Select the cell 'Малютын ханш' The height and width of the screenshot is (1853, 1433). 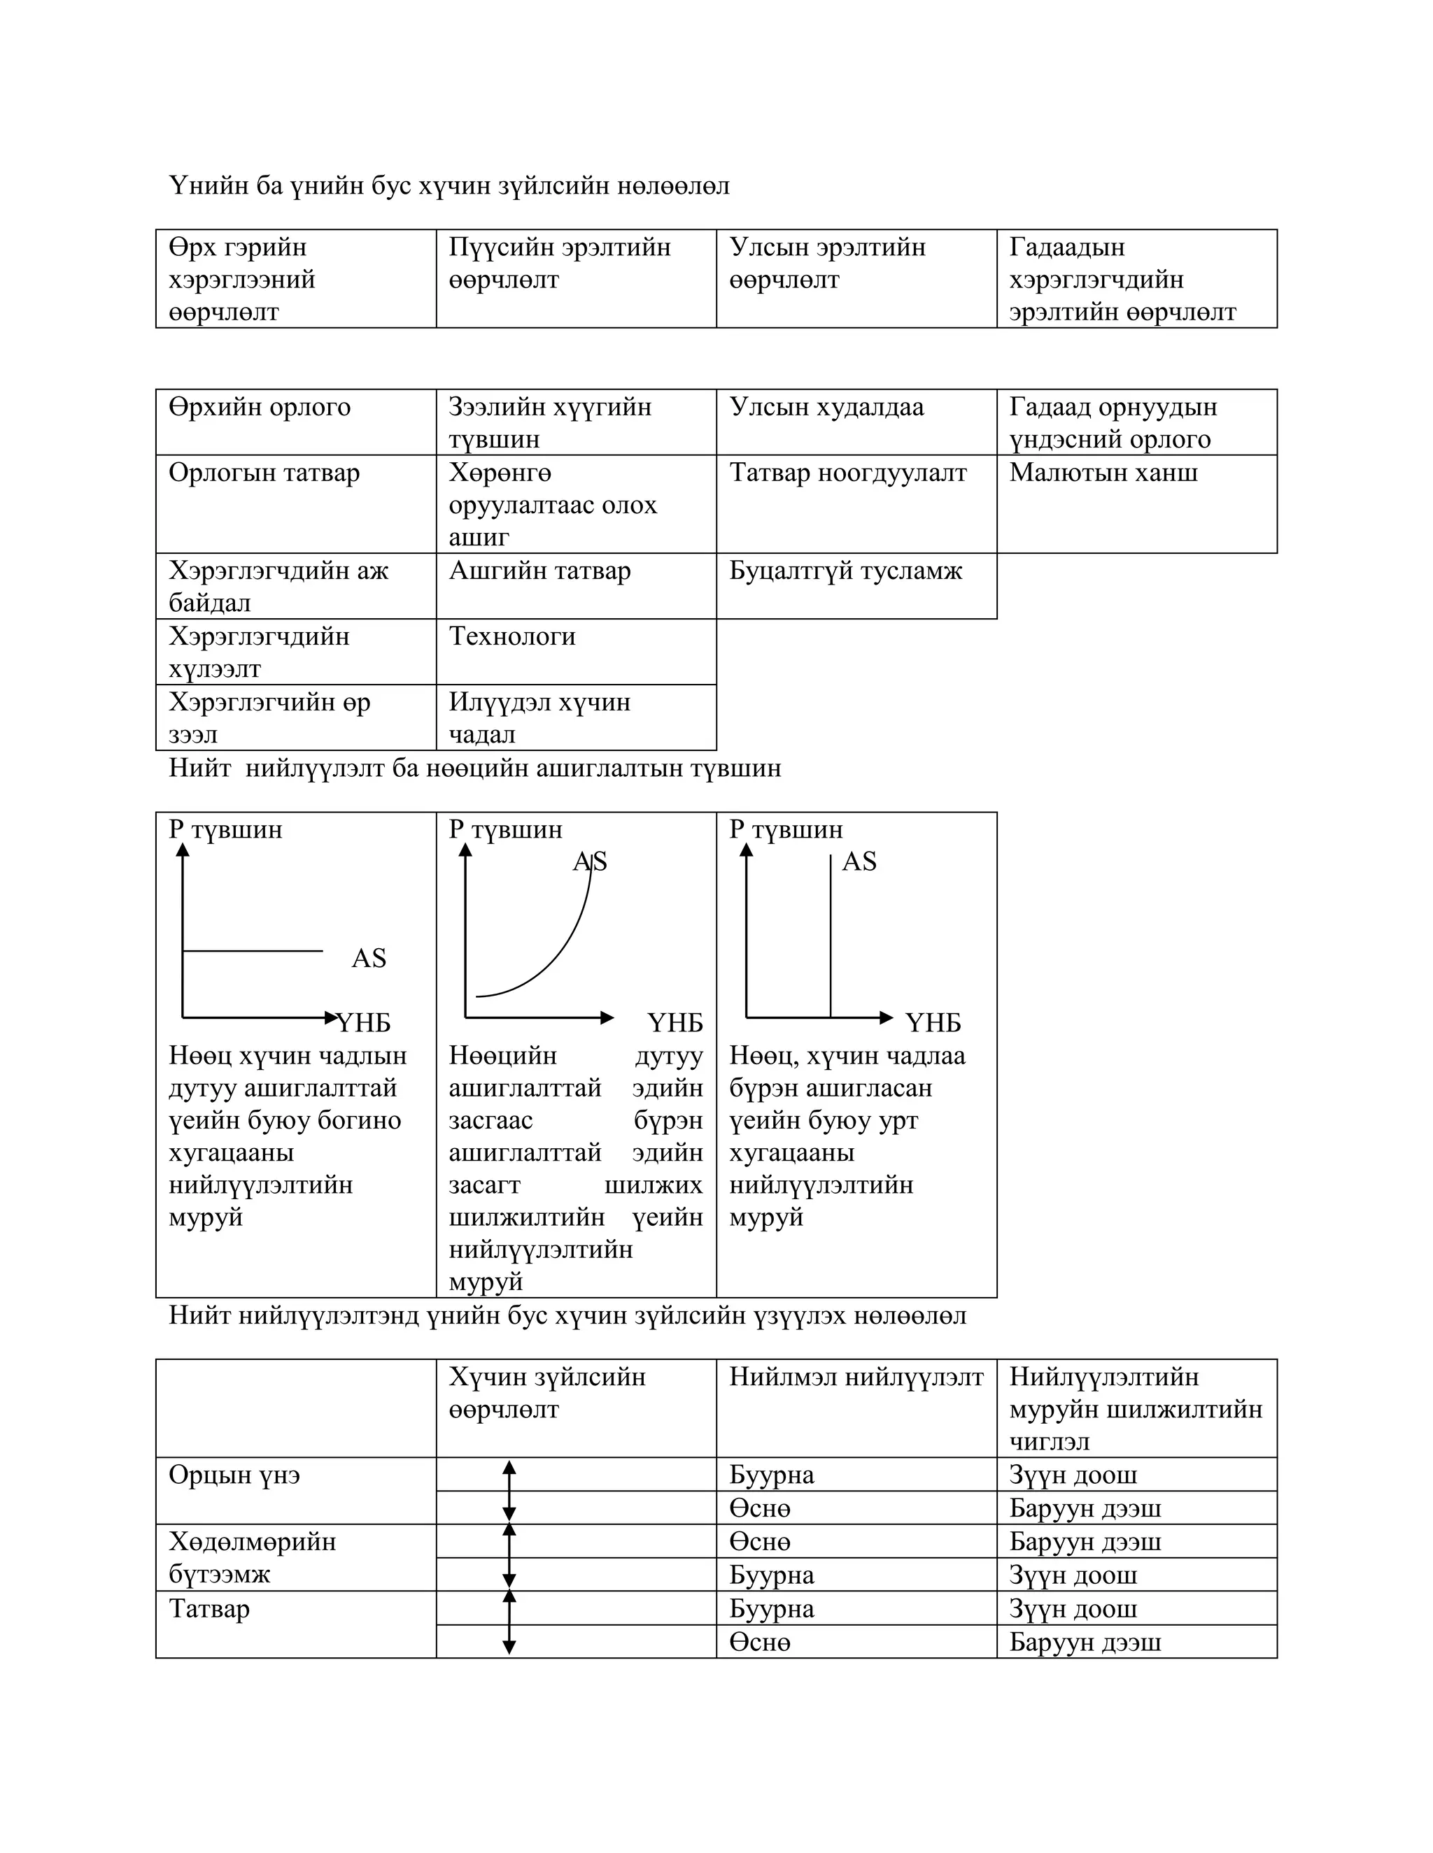1103,473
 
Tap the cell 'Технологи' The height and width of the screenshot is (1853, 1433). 512,636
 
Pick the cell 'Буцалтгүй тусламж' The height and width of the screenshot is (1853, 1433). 845,571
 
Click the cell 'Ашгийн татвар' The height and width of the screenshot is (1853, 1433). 540,571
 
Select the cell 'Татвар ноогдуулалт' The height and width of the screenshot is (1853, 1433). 847,473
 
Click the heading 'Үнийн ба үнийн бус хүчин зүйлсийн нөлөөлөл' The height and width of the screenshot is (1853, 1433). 449,186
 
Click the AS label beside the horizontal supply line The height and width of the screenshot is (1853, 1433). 369,959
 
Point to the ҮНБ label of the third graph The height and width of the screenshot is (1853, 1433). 932,1023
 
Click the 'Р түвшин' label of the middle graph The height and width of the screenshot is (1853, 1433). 505,830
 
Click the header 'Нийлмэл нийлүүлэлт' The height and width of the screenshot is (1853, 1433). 856,1377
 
